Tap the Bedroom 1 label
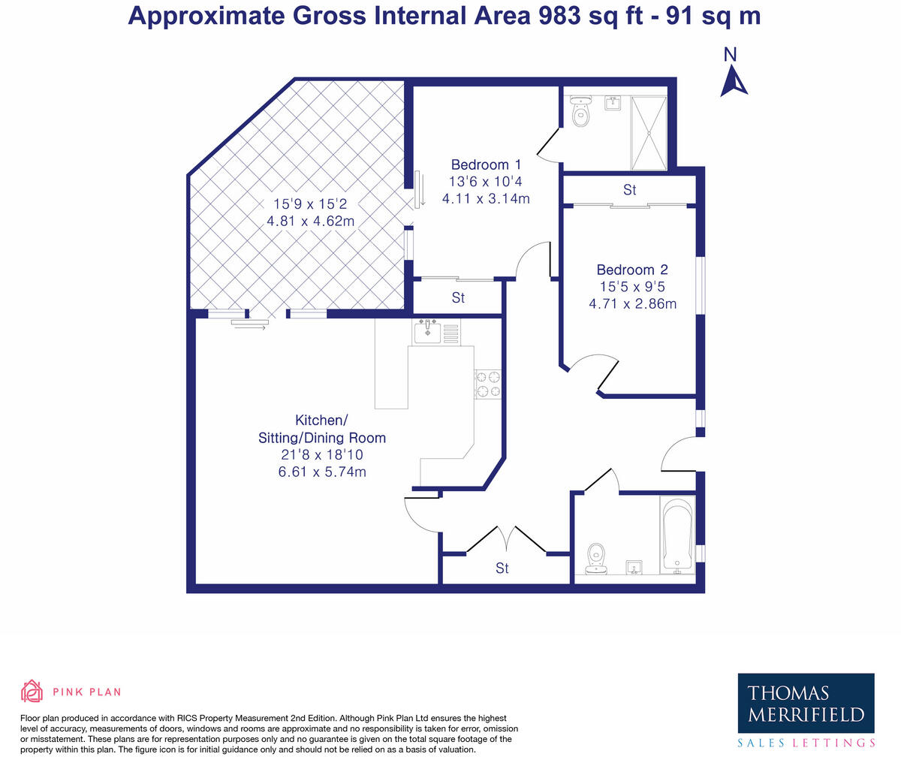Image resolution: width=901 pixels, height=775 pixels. (486, 165)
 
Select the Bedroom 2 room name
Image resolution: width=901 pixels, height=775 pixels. (632, 270)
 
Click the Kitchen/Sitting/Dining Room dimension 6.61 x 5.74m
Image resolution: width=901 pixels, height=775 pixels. (322, 472)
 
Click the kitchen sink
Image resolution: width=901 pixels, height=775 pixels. (428, 331)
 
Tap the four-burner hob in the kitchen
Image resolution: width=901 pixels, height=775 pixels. (488, 384)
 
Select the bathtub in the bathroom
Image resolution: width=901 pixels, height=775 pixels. (677, 535)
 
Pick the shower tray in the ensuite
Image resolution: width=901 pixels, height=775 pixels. (648, 132)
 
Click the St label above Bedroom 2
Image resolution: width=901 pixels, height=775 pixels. (629, 190)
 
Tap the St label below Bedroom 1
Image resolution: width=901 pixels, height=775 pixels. (458, 298)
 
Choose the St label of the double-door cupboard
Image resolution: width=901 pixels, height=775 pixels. (502, 568)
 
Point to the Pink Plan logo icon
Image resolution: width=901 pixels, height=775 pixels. (32, 692)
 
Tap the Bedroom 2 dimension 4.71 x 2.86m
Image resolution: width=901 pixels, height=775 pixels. (632, 304)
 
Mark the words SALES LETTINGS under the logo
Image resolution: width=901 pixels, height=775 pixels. (806, 743)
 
